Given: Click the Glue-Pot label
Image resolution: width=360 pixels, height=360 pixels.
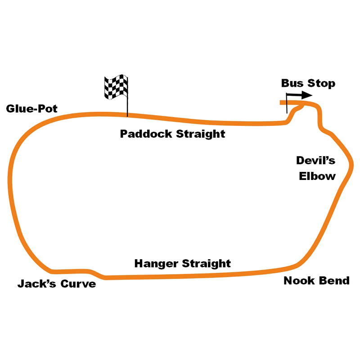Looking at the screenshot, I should [x=32, y=109].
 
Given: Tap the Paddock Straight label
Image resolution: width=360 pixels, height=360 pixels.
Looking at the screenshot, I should [x=172, y=134].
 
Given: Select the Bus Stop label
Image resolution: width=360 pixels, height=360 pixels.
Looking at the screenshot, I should [x=308, y=83].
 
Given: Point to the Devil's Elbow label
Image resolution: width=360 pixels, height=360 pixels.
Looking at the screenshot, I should [x=316, y=168].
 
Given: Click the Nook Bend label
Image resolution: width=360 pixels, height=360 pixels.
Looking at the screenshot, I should [x=316, y=281].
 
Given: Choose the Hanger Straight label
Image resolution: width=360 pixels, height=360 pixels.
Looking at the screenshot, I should [x=183, y=263].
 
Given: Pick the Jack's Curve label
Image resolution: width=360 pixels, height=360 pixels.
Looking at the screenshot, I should [x=57, y=284].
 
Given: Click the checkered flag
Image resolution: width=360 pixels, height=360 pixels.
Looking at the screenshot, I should [x=116, y=87].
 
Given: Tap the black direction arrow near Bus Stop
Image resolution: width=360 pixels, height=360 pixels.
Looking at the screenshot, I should [x=300, y=95].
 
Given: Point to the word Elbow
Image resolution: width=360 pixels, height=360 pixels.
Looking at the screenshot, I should [x=317, y=176].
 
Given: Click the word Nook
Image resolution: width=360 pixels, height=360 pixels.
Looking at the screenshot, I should [x=299, y=281].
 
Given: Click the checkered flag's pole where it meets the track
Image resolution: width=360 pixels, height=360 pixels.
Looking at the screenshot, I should [x=127, y=115].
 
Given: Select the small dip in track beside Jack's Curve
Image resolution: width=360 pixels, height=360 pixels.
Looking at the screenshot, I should [x=96, y=274].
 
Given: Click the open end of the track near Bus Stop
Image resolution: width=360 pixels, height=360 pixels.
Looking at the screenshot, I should [x=282, y=103].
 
